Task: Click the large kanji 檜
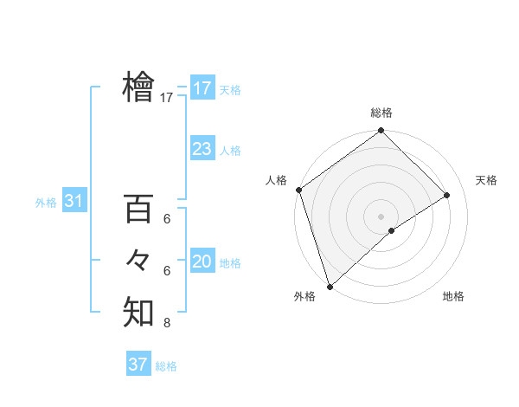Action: pyautogui.click(x=138, y=87)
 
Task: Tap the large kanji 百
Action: pyautogui.click(x=138, y=209)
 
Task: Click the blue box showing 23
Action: pyautogui.click(x=202, y=149)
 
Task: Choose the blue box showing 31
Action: pyautogui.click(x=74, y=202)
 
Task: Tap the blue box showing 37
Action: pyautogui.click(x=138, y=365)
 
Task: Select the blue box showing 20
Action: pyautogui.click(x=202, y=262)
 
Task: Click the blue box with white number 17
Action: pyautogui.click(x=202, y=88)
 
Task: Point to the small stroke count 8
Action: pyautogui.click(x=167, y=324)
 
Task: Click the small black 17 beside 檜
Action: pyautogui.click(x=167, y=99)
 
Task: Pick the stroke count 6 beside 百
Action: pyautogui.click(x=167, y=220)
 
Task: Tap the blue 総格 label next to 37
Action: pyautogui.click(x=166, y=366)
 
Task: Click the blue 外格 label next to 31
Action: pyautogui.click(x=46, y=203)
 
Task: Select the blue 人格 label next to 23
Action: pyautogui.click(x=230, y=151)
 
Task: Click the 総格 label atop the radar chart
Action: pyautogui.click(x=381, y=113)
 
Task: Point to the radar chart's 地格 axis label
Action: pyautogui.click(x=453, y=296)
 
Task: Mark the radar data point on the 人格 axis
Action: pyautogui.click(x=298, y=190)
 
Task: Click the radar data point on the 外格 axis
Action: pyautogui.click(x=330, y=286)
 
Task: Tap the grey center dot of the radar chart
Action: pyautogui.click(x=381, y=216)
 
